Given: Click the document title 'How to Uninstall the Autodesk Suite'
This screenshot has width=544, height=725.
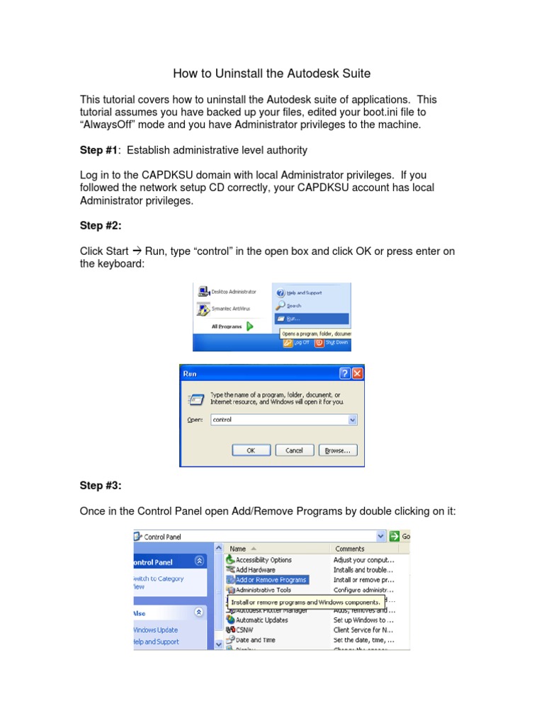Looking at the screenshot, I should point(272,74).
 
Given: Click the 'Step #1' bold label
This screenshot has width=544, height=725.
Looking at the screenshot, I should point(98,149).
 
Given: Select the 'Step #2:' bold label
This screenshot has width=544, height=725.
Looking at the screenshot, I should point(101,225).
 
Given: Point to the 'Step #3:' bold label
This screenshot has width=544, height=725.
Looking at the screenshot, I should point(101,485).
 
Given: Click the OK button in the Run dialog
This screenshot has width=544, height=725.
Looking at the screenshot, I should point(251,450).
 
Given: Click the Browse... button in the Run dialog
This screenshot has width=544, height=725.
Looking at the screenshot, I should point(338,450).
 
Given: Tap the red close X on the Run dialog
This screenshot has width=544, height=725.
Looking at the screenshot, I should point(357,373).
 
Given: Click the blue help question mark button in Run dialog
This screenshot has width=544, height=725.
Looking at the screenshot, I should point(344,373).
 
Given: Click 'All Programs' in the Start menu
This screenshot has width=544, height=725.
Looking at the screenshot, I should point(227,326).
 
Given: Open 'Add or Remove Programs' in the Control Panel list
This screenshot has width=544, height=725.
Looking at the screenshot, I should point(271,580).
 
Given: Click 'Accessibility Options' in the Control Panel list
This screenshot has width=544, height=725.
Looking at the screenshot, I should point(263,559).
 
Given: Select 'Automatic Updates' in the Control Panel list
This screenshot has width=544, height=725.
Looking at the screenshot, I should point(261,620).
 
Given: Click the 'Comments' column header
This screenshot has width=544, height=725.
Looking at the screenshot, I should point(350,548).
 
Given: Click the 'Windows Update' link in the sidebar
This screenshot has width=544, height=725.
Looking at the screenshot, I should point(156,630).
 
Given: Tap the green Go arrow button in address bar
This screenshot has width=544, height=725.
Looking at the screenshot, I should point(395,537).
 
